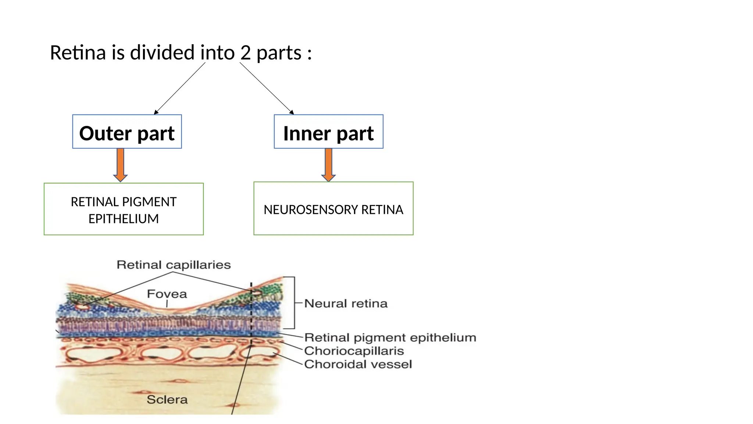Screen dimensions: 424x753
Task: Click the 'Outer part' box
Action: point(127,132)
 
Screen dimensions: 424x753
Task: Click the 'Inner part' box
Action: point(328,132)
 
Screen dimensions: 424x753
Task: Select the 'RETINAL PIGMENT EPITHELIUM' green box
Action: point(124,209)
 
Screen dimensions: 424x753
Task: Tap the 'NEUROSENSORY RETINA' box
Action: point(333,209)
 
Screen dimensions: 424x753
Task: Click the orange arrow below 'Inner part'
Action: point(328,164)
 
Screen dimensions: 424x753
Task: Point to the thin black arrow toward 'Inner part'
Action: point(267,88)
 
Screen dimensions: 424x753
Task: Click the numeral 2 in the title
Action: point(246,53)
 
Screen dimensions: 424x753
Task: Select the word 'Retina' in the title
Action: point(78,53)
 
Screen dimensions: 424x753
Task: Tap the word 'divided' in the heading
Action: point(162,53)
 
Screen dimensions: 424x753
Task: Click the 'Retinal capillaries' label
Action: point(174,265)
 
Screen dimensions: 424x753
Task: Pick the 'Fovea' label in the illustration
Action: point(167,294)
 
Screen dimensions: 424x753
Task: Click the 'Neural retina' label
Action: point(346,304)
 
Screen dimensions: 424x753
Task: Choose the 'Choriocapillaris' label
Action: point(354,351)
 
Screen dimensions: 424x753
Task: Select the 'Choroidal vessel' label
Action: point(358,364)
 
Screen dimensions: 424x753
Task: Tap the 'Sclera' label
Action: point(167,400)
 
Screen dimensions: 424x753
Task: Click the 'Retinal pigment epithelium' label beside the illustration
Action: point(390,338)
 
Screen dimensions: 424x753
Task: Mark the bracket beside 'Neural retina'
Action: point(294,303)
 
